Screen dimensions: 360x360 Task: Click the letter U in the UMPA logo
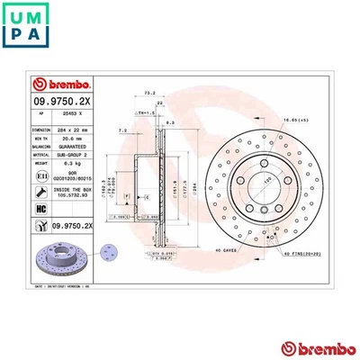click(13, 13)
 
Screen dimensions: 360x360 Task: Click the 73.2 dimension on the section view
click(150, 93)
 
